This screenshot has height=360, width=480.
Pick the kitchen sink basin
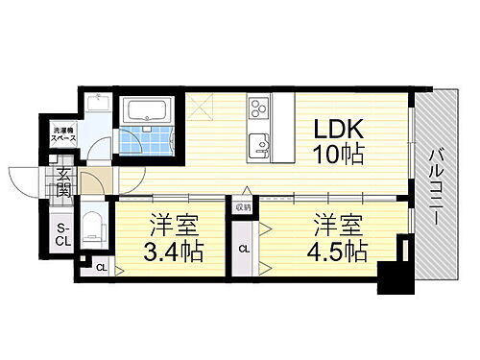[x=259, y=147]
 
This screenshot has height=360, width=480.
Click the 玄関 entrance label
[x=62, y=181]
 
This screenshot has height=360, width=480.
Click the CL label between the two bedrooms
[x=244, y=249]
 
